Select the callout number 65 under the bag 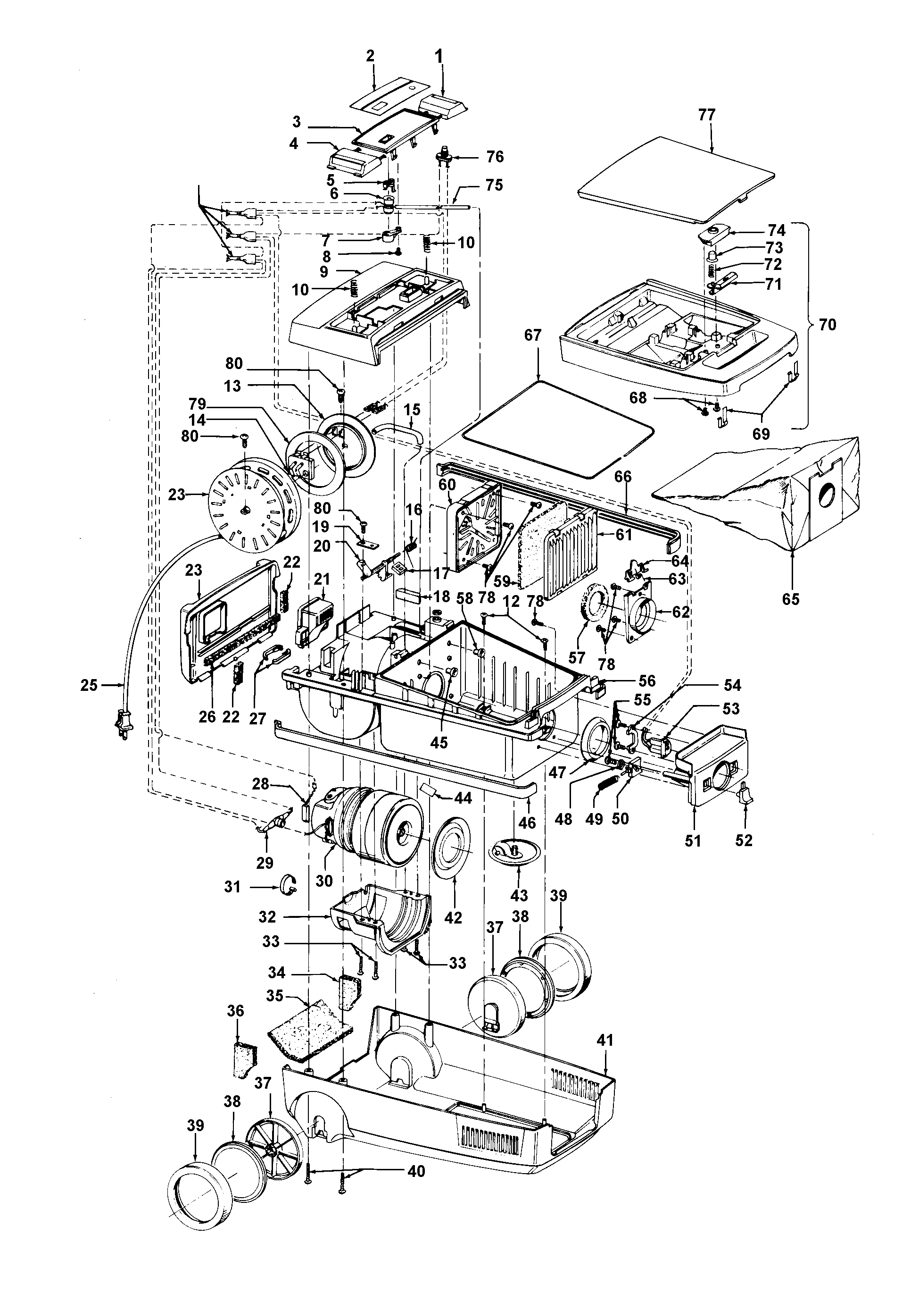click(x=791, y=599)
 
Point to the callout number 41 click(x=604, y=1041)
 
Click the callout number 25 click(x=89, y=685)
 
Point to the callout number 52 click(x=744, y=840)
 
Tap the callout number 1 click(x=439, y=56)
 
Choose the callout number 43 click(x=519, y=895)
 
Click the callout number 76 click(x=495, y=157)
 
